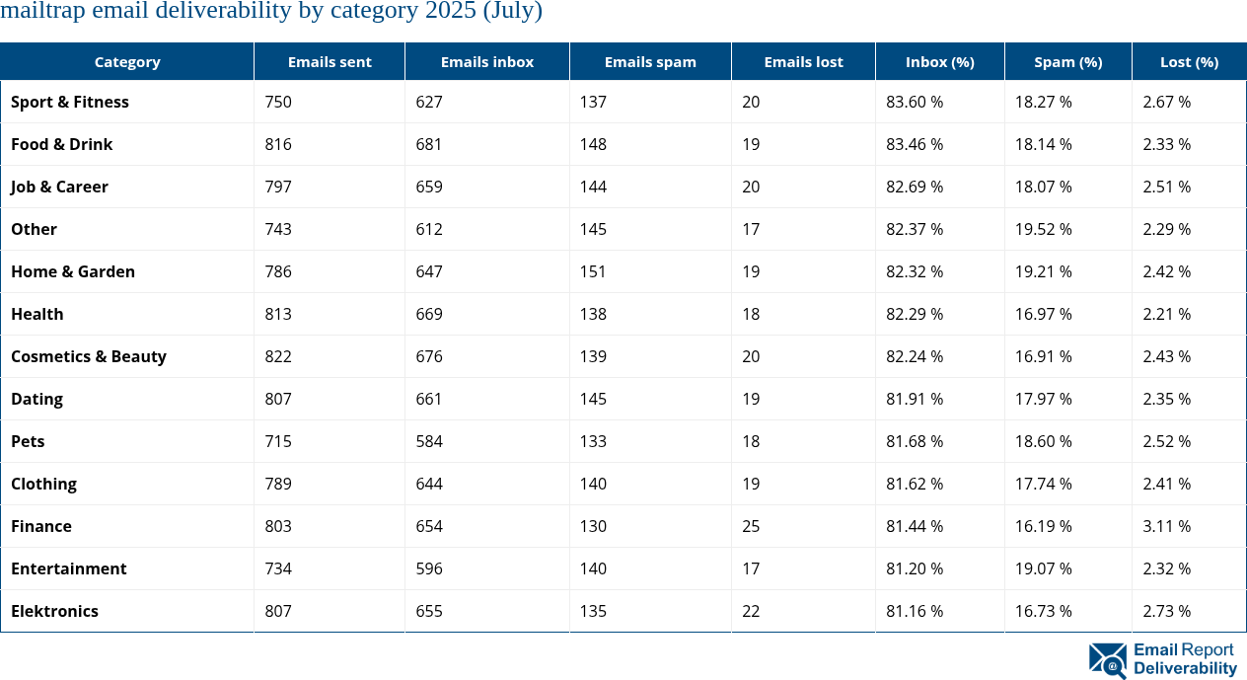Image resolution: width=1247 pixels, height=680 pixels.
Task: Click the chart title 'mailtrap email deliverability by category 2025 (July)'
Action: point(271,12)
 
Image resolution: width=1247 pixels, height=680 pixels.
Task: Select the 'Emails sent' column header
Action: point(330,61)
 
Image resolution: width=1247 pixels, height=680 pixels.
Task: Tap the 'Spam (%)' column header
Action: point(1067,61)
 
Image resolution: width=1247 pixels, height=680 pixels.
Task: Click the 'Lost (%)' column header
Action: point(1189,61)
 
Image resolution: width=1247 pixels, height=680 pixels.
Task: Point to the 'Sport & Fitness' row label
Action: point(70,102)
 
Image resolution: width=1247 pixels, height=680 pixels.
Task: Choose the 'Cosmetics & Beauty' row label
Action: point(89,356)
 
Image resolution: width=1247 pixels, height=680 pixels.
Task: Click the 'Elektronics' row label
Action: point(55,611)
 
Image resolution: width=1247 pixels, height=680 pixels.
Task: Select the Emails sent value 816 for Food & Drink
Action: point(278,144)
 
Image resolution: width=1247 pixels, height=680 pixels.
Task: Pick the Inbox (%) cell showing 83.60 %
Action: point(915,102)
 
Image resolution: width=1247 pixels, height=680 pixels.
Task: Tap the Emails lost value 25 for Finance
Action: point(751,526)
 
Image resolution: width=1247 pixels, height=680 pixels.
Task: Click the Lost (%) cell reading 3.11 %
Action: point(1166,526)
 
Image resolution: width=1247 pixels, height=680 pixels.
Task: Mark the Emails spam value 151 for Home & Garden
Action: point(593,271)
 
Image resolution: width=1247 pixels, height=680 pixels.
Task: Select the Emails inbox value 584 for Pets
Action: point(429,441)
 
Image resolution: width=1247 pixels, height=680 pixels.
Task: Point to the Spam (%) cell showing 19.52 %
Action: point(1044,229)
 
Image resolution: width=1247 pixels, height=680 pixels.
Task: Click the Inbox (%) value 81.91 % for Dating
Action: point(915,399)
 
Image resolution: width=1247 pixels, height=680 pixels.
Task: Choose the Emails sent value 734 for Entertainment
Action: point(278,568)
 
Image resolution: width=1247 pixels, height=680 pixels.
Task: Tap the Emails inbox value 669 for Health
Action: point(429,314)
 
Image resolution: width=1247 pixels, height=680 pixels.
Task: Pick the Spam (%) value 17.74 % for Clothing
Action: point(1044,484)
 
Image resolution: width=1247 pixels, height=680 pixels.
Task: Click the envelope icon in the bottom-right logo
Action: point(1108,660)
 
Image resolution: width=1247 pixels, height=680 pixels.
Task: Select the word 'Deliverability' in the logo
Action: point(1185,668)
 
